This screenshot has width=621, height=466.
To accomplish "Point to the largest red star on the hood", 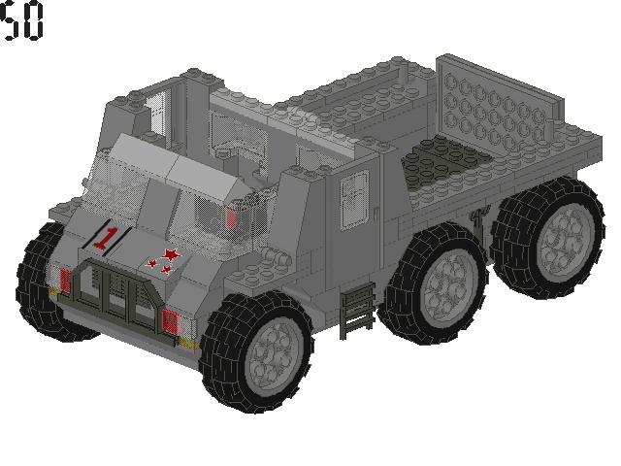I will (172, 254).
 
